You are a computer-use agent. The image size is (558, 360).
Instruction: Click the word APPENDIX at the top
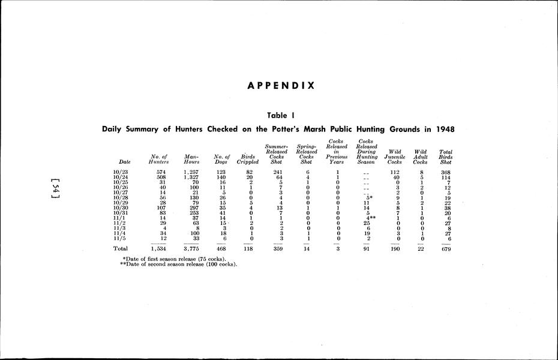click(281, 85)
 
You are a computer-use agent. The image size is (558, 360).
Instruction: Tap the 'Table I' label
click(281, 115)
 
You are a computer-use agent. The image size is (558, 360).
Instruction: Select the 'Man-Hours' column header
click(192, 159)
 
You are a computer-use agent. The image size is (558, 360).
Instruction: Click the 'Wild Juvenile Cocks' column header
click(395, 157)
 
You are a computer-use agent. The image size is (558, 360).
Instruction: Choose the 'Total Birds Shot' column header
click(446, 157)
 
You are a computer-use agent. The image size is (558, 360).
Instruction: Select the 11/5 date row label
click(119, 238)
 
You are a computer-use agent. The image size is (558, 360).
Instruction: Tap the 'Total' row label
click(121, 248)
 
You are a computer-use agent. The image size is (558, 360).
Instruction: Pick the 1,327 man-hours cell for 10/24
click(191, 178)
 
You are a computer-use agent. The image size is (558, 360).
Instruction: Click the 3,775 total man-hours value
click(191, 248)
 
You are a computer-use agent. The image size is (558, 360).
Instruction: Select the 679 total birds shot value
click(445, 248)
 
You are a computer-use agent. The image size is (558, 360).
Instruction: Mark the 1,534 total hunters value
click(158, 248)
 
